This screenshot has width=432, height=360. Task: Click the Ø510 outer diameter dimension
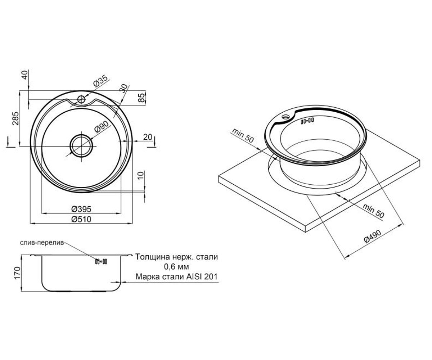pos(81,219)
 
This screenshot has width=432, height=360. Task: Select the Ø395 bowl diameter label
pos(81,209)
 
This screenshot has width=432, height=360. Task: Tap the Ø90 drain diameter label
pos(101,127)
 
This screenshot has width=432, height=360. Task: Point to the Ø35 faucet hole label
pos(100,81)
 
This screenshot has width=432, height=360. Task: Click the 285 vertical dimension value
pos(16,118)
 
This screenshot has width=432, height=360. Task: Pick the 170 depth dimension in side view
pos(18,273)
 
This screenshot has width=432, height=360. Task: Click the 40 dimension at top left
pos(24,75)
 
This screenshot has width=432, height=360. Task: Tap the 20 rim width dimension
pos(148,137)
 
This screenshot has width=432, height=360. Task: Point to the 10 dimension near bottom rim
pos(140,175)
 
